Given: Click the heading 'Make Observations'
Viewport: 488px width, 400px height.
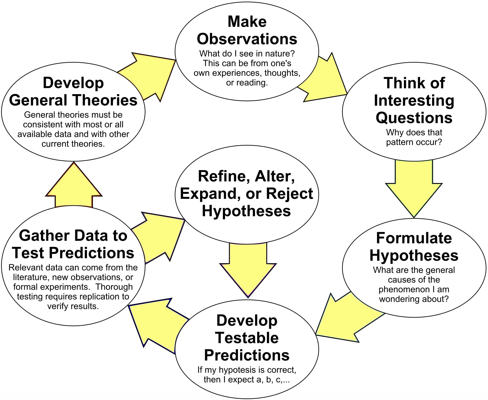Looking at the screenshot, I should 247,30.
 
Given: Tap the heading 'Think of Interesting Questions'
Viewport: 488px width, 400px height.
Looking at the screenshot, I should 414,100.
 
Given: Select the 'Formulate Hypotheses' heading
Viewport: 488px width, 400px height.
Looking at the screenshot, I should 414,247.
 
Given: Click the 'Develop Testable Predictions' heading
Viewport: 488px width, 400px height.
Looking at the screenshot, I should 247,338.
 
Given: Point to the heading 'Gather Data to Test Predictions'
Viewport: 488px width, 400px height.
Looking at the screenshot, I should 73,244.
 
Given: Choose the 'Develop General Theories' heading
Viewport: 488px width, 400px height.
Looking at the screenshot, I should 73,91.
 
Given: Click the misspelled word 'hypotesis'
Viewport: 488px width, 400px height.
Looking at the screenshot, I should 235,370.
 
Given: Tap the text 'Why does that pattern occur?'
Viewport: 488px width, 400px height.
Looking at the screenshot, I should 414,137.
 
